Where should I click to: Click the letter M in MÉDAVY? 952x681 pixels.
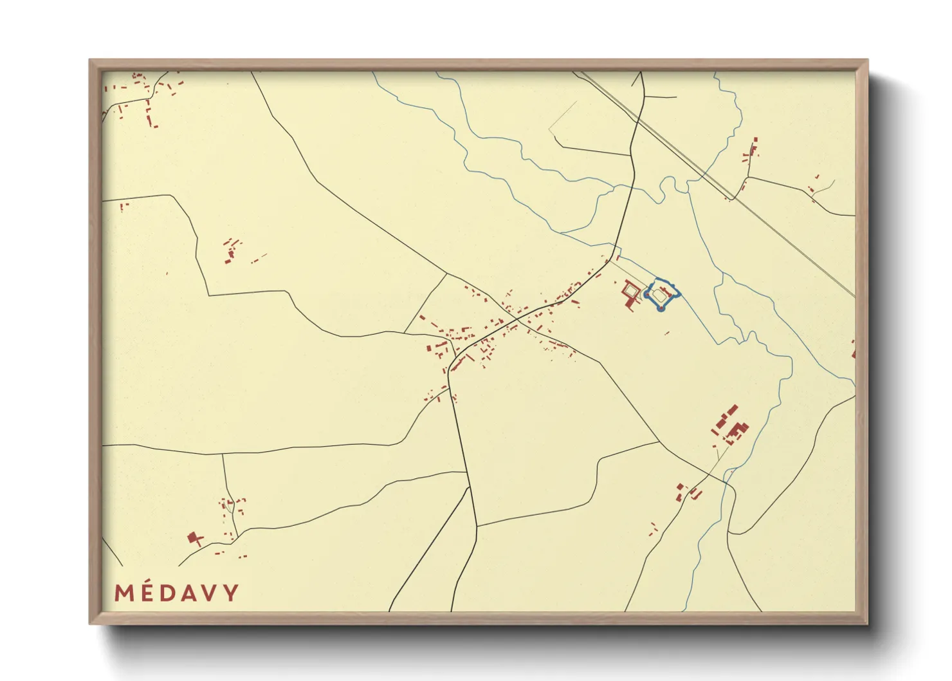tap(124, 593)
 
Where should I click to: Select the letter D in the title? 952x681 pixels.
tap(169, 593)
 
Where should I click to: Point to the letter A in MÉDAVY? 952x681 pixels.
tap(189, 593)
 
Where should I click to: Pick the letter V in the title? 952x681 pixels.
tap(210, 593)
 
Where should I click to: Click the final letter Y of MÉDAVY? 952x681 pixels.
tap(231, 593)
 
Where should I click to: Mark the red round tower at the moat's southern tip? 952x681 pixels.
tap(661, 309)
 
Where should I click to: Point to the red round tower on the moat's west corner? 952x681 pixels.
tap(646, 295)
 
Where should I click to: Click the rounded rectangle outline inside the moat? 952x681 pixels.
tap(658, 296)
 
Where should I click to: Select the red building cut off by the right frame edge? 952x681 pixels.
tap(853, 351)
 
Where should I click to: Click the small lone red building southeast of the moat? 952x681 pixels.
tap(667, 333)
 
